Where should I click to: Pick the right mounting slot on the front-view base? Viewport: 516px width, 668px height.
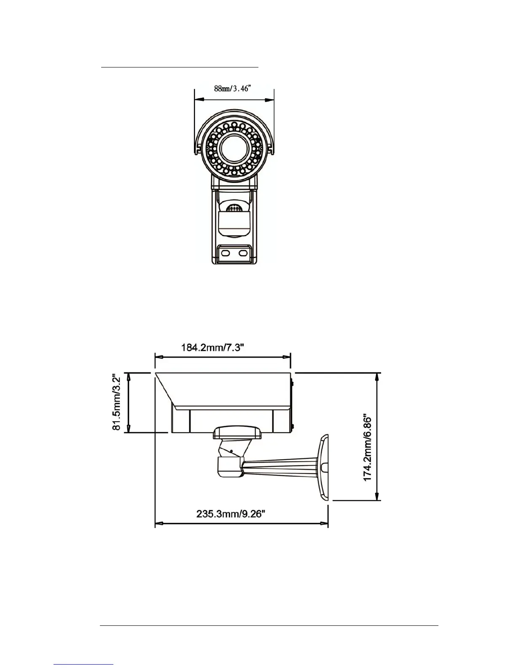click(x=243, y=253)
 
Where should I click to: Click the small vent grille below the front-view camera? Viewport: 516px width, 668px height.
click(x=234, y=208)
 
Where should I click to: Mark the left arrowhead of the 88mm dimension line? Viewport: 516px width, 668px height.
click(x=198, y=100)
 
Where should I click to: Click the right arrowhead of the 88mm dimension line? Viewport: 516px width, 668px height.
click(x=270, y=100)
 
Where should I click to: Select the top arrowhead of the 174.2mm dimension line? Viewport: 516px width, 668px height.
click(x=378, y=377)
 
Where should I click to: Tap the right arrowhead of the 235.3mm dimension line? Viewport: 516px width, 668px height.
click(x=324, y=524)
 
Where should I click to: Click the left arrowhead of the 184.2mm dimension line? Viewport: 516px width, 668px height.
click(x=159, y=357)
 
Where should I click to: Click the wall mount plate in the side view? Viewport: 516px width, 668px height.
click(x=323, y=468)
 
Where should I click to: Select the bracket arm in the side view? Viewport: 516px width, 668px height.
click(x=282, y=468)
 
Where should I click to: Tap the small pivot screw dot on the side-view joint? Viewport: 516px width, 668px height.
click(x=231, y=451)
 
